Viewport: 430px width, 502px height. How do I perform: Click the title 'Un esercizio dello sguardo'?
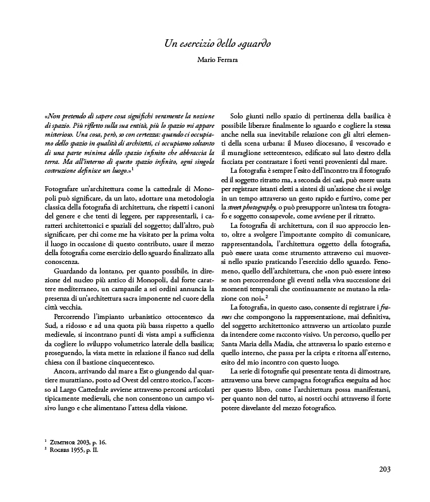coord(217,44)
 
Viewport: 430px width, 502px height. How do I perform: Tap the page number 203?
coord(385,469)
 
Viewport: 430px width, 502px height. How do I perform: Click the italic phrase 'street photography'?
coord(256,207)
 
